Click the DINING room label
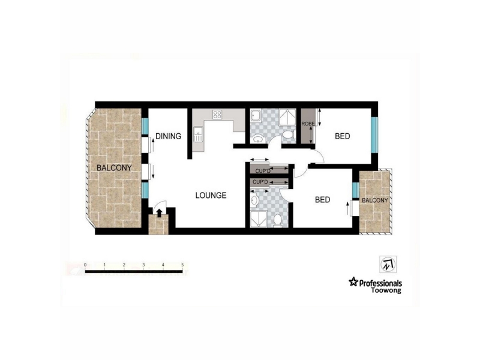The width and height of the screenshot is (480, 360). pos(169,136)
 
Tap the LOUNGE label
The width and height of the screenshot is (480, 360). pos(211,196)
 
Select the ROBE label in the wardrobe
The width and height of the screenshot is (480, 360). pos(308,124)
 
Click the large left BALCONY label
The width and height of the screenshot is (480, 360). pos(114,168)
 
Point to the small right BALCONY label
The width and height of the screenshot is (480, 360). pos(375,200)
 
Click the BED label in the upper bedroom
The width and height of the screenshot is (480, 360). pos(342,136)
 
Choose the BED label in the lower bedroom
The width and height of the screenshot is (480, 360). pos(323,200)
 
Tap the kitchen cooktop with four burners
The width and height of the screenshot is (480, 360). pos(217,115)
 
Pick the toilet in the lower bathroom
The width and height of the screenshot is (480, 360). pos(278,220)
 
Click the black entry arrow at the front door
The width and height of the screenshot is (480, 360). pos(159,213)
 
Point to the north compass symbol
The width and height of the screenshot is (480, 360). pos(388,264)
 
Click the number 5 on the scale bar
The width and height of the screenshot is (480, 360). pos(182,265)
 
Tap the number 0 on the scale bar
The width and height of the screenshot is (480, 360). pos(85,265)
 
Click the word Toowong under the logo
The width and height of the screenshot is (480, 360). pos(386,290)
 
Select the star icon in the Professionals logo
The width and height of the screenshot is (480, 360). pos(353,281)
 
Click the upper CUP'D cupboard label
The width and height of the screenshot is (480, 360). pos(263,171)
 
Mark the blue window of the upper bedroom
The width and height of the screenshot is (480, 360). pos(374,134)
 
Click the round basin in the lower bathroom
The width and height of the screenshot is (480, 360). pos(254,201)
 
